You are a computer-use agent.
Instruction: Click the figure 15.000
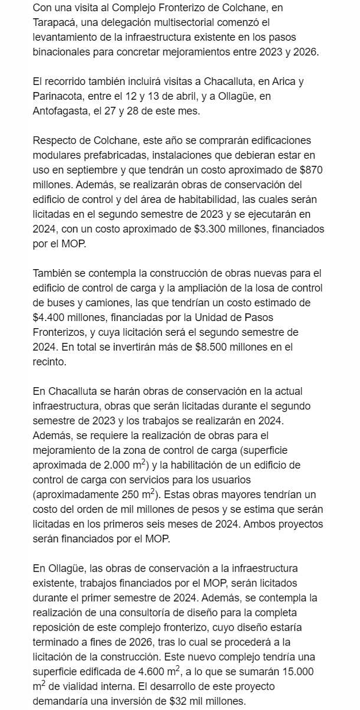pos(300,656)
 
